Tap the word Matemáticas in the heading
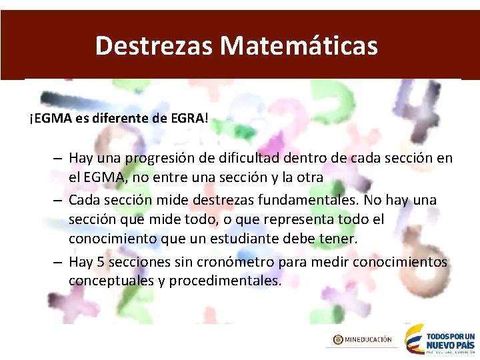[x=299, y=46]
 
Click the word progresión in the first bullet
[x=159, y=159]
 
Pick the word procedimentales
[x=225, y=281]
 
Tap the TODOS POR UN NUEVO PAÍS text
[x=449, y=340]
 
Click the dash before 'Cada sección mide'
[x=59, y=200]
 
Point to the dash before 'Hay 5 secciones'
[x=59, y=262]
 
